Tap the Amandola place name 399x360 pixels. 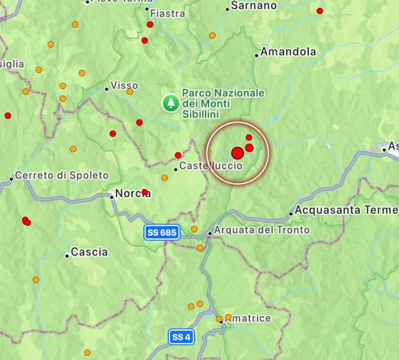288,52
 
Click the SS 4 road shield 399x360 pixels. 181,337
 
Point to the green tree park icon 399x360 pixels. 171,102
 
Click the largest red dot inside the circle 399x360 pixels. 237,153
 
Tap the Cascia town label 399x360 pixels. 89,252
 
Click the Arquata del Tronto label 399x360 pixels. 262,230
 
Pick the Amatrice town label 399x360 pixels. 248,318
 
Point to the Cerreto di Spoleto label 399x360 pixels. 62,176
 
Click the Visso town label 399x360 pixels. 124,85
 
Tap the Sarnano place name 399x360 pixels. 254,6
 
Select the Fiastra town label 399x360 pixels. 168,13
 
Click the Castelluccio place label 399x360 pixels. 211,166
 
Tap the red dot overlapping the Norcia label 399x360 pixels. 144,192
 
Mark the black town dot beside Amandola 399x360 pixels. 257,55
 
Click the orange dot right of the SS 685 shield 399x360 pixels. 194,229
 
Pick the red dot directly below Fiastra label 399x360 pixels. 150,24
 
